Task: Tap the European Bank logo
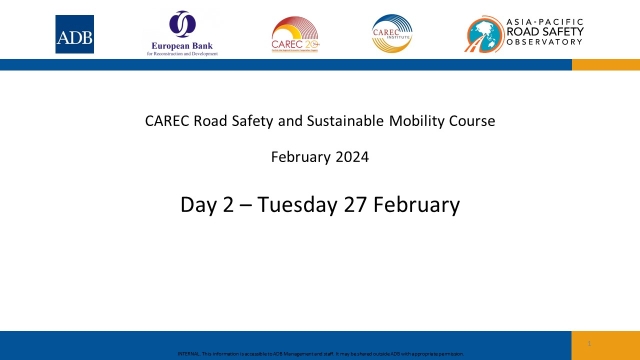[x=182, y=33]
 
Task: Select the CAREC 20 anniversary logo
[x=294, y=34]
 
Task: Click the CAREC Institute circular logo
[x=391, y=34]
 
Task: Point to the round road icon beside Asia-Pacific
[x=487, y=34]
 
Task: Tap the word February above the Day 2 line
[x=303, y=156]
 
